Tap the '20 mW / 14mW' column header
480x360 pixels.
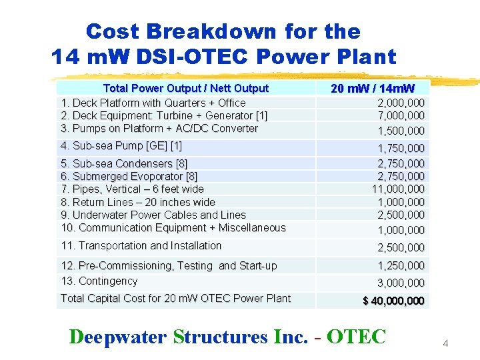(x=372, y=89)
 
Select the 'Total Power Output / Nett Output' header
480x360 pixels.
(x=185, y=88)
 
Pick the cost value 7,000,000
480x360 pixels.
(x=401, y=116)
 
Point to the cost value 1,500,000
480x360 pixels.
(x=401, y=131)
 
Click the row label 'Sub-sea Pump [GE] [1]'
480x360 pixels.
(x=121, y=146)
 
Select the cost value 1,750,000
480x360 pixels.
(x=401, y=148)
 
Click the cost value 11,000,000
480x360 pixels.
(x=397, y=189)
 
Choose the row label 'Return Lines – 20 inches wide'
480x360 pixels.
(x=138, y=202)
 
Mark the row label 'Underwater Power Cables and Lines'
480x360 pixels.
(x=153, y=215)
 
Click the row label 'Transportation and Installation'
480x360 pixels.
(x=141, y=245)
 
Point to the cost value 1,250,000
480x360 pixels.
(x=401, y=266)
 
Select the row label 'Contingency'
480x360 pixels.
(x=99, y=281)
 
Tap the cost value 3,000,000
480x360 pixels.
(x=401, y=282)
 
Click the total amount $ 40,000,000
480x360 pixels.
(x=393, y=301)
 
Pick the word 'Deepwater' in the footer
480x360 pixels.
(x=118, y=337)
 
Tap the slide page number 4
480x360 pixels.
(x=446, y=343)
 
